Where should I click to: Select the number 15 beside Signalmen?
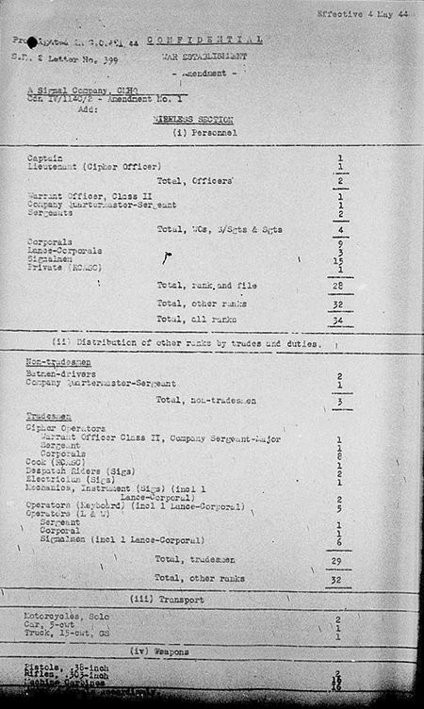[338, 259]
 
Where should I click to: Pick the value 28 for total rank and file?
[338, 286]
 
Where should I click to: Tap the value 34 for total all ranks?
[338, 321]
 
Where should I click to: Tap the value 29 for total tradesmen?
[338, 560]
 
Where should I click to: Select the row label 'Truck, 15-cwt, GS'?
[68, 635]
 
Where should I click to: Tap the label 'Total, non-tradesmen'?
[209, 401]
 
